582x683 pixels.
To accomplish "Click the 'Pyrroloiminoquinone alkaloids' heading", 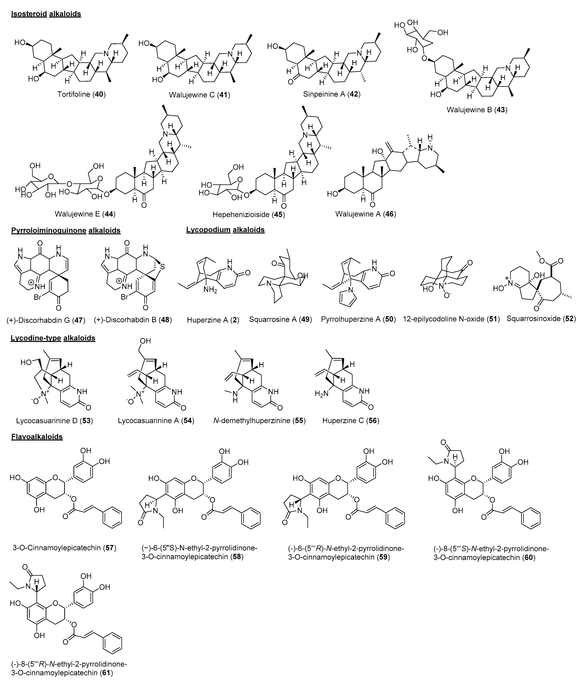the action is coord(66,230).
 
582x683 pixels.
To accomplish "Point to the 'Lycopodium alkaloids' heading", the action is coord(225,230).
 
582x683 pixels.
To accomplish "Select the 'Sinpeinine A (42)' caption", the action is coord(332,94).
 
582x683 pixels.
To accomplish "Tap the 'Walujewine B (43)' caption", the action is coord(477,110).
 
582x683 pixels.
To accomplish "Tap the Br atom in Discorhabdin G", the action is coord(37,297).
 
